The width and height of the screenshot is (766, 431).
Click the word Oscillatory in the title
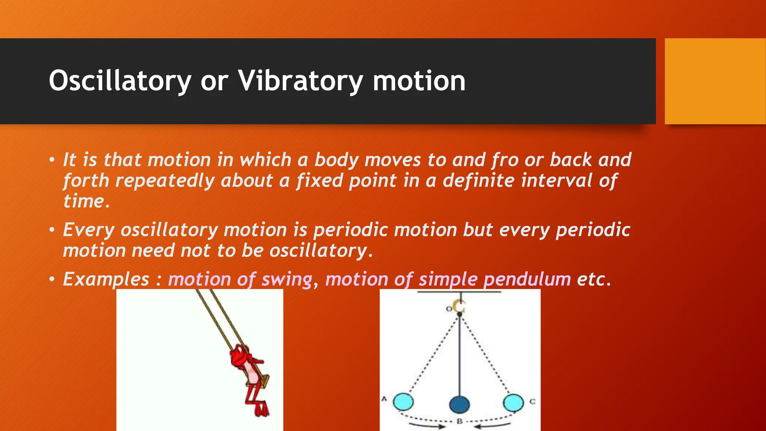click(x=120, y=81)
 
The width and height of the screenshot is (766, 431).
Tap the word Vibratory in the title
click(x=301, y=81)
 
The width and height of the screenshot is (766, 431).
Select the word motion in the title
click(x=419, y=81)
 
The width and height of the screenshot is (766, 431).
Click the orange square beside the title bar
click(x=715, y=81)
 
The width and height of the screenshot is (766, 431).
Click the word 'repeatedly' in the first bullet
click(x=165, y=181)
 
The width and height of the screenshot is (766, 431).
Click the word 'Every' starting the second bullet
click(x=88, y=230)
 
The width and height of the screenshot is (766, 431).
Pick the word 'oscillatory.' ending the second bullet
click(x=321, y=251)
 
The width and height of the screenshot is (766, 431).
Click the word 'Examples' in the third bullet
click(x=106, y=279)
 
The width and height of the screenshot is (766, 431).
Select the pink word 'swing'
click(x=287, y=279)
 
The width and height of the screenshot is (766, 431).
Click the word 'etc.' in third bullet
click(x=594, y=279)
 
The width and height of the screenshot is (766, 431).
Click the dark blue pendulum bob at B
click(x=459, y=404)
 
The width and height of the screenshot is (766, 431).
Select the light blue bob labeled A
click(x=404, y=402)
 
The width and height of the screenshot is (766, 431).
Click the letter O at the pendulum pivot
click(x=449, y=309)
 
